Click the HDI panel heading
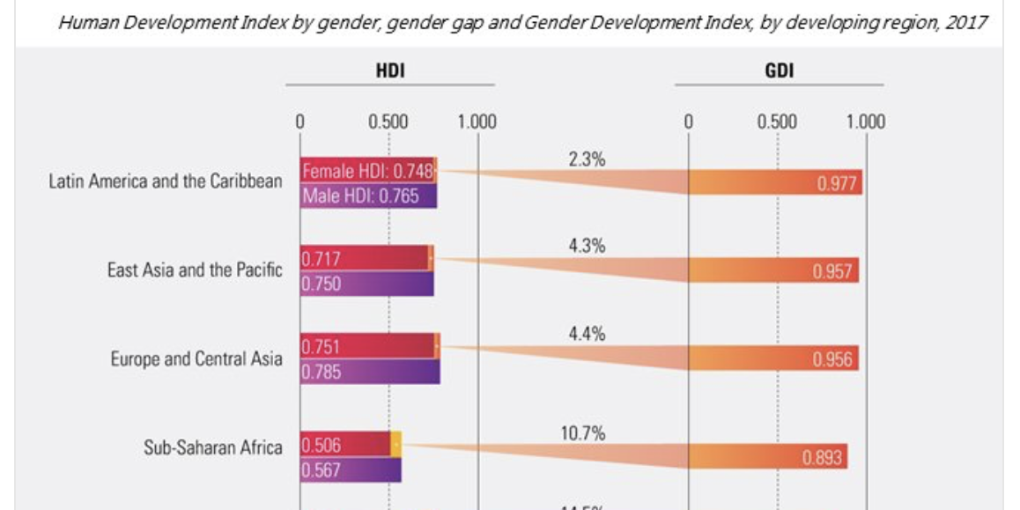coord(390,71)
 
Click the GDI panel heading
coord(780,71)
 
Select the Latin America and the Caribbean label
coord(166,181)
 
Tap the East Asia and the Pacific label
coord(195,270)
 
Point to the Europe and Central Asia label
coord(196,358)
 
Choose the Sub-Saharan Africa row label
coord(213,447)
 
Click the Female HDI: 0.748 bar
coord(367,170)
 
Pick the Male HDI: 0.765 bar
coord(367,196)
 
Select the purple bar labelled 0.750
coord(366,284)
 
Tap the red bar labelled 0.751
coord(367,346)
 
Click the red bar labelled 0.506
coord(345,444)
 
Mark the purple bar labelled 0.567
coord(351,470)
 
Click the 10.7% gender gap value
coord(582,433)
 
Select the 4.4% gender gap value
coord(587,335)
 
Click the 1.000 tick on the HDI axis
coord(477,122)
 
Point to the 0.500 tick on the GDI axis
coord(778,122)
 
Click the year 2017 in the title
coord(967,22)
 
